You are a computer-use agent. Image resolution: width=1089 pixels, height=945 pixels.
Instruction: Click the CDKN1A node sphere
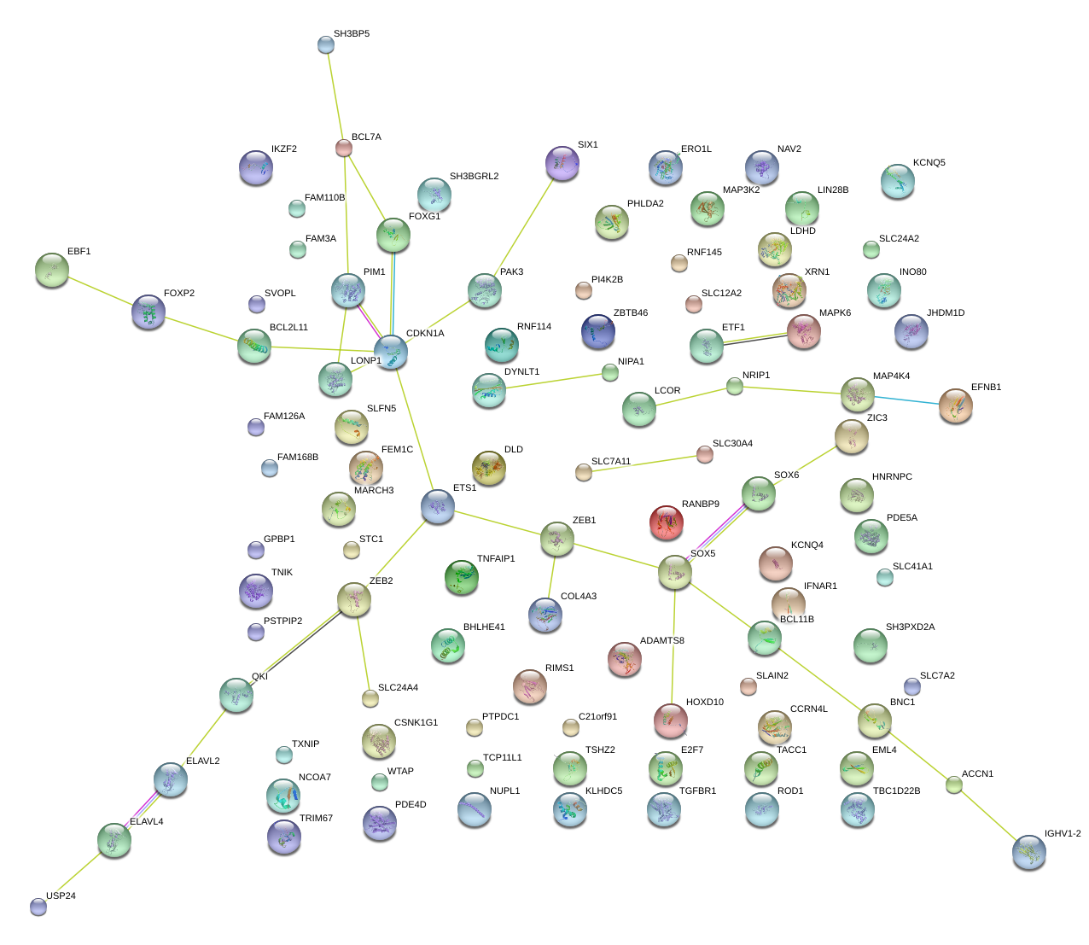(x=391, y=351)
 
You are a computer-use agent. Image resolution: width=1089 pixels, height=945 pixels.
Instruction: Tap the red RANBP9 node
(x=667, y=522)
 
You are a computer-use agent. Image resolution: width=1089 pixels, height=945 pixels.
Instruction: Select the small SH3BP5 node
(x=326, y=44)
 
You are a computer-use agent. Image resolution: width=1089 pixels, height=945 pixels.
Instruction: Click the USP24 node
(x=38, y=906)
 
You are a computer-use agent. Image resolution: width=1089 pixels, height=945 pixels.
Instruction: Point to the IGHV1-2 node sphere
(x=1029, y=852)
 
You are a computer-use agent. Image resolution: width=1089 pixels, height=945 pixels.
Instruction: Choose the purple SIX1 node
(x=562, y=162)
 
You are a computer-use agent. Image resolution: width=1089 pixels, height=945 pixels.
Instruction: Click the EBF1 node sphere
(x=53, y=270)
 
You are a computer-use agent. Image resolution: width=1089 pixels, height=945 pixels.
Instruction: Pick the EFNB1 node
(x=955, y=405)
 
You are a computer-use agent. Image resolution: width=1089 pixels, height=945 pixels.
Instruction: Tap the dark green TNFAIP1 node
(x=462, y=577)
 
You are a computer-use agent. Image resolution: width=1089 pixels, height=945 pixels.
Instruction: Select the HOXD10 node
(x=671, y=720)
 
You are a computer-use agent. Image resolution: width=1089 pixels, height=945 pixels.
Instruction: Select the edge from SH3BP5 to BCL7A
(x=335, y=96)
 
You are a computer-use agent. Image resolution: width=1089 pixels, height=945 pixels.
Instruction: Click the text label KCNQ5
(x=929, y=163)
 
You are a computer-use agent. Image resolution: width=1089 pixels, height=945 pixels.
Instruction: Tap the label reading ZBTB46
(x=630, y=313)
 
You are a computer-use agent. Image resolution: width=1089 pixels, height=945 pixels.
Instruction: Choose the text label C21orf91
(x=597, y=717)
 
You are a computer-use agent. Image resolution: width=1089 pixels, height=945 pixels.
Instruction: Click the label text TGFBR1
(x=697, y=791)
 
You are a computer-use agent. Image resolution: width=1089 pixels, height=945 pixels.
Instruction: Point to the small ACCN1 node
(x=954, y=785)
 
